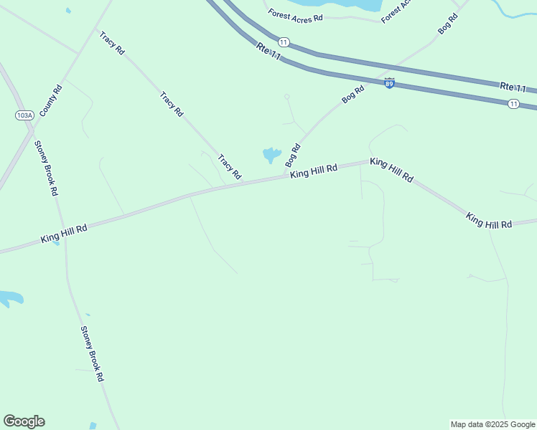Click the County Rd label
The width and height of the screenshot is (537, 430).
[x=51, y=101]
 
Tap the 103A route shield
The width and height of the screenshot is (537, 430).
[x=24, y=115]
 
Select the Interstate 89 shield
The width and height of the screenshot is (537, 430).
[x=389, y=84]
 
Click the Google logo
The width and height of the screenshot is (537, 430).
[x=24, y=421]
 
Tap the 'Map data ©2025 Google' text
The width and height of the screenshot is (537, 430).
[x=492, y=424]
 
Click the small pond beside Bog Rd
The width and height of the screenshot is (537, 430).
[x=271, y=154]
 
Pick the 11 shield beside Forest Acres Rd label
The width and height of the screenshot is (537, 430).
[x=284, y=43]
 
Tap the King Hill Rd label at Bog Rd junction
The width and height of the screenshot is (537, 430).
[x=314, y=172]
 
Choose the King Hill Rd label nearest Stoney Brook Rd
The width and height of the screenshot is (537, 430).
[x=64, y=233]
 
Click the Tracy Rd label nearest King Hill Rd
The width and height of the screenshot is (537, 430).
[x=230, y=167]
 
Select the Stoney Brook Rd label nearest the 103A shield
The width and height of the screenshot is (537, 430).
[x=46, y=168]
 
